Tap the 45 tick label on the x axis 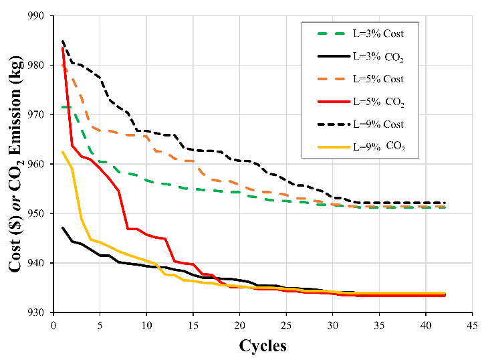click(472, 325)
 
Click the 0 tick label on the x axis click(53, 325)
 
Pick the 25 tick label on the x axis click(286, 325)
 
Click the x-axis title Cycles click(263, 346)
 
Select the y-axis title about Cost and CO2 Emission click(16, 164)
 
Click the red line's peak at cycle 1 click(63, 48)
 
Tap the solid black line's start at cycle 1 click(63, 228)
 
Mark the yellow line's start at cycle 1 click(63, 152)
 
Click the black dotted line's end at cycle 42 click(445, 203)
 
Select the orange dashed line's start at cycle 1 click(63, 65)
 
